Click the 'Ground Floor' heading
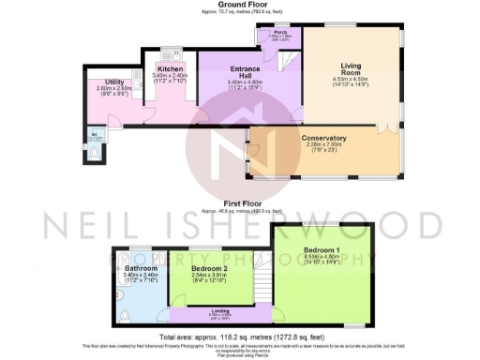pos(239,5)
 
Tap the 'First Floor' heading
pos(239,202)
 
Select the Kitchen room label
pos(170,69)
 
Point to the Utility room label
pos(114,82)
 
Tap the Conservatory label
pos(324,138)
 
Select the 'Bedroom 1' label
pos(321,249)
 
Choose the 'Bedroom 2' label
pos(209,268)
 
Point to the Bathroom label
pos(141,268)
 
